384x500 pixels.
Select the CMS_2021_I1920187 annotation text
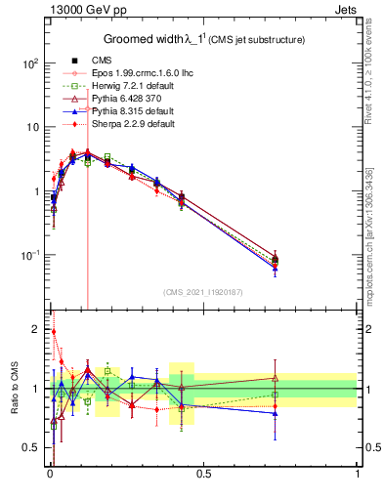click(202, 292)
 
